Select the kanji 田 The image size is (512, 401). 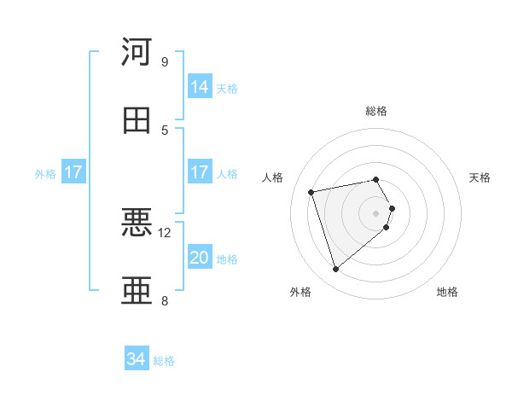point(137,120)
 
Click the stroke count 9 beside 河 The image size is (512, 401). point(165,61)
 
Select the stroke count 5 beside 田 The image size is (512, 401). point(165,130)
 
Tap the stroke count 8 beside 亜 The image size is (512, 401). point(165,300)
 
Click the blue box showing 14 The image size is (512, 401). point(200,87)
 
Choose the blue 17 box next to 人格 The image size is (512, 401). point(200,172)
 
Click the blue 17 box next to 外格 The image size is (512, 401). point(73,172)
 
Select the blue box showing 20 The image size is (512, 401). point(200,258)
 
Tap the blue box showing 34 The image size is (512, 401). point(137,359)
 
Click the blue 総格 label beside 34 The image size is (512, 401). point(164,361)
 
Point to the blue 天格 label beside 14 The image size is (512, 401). point(227,89)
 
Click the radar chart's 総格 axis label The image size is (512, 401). point(376,111)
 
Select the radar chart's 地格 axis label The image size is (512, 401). point(447,292)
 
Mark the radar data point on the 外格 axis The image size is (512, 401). point(335,270)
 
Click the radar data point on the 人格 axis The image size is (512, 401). point(311,191)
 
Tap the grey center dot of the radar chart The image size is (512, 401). point(376,212)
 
